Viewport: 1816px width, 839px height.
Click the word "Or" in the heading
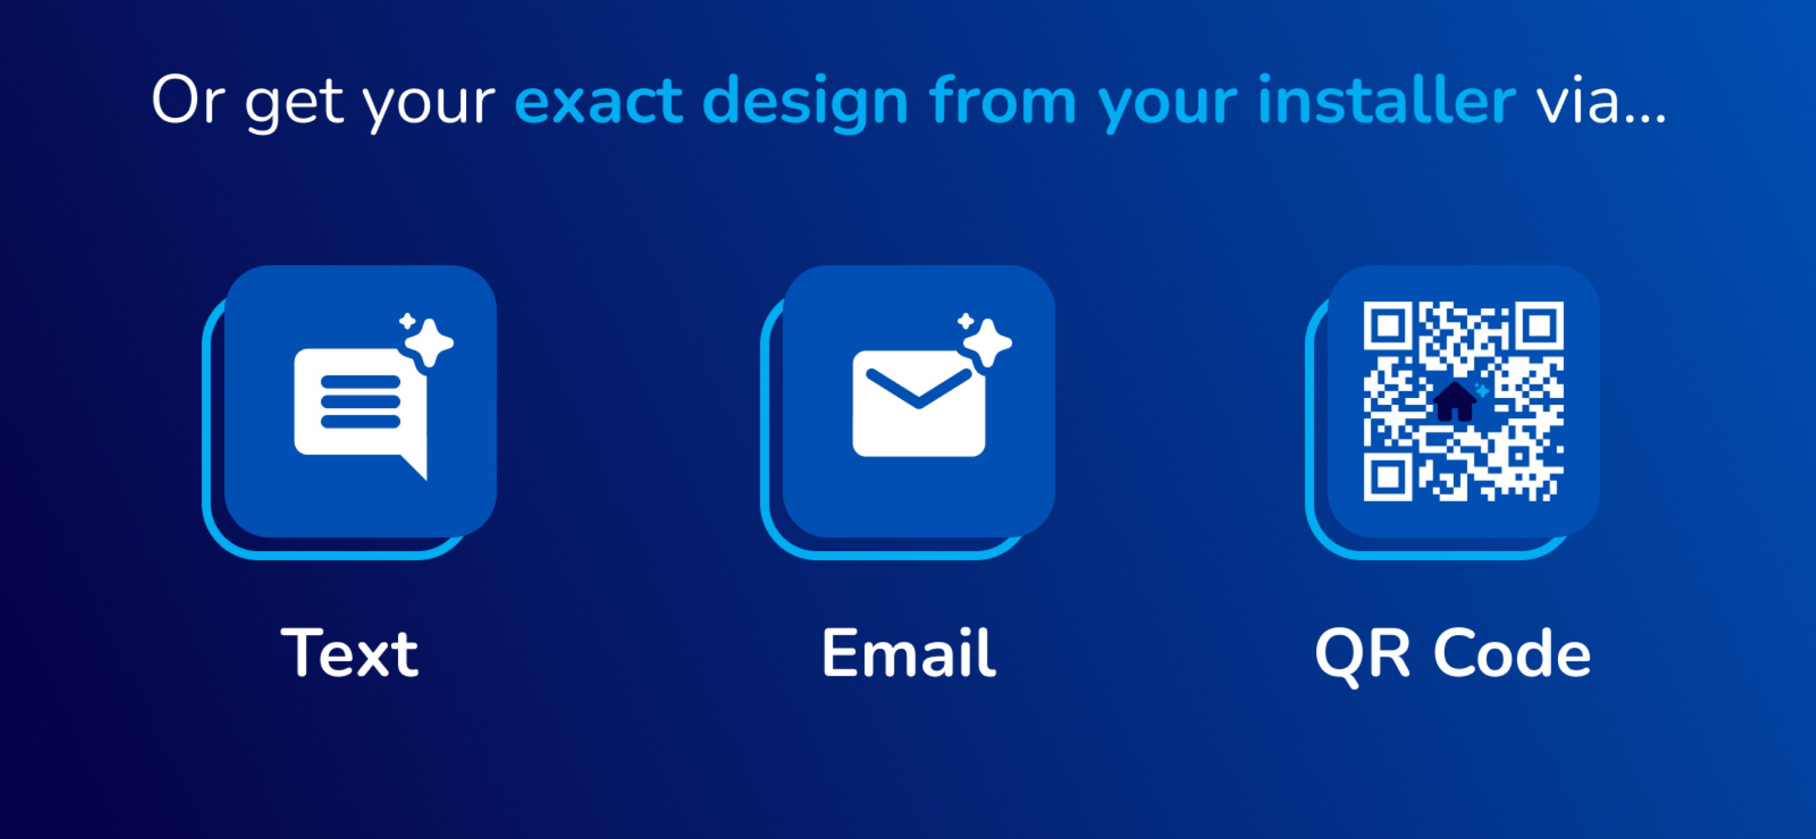188,101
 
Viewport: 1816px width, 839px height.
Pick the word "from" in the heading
1003,99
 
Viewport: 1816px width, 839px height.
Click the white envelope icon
919,403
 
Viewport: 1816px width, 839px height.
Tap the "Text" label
350,654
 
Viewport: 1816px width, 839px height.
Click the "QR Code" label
1453,656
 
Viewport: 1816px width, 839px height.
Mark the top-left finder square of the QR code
1388,326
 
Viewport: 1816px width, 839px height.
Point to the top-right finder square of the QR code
1540,326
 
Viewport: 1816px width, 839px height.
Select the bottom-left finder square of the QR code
1388,478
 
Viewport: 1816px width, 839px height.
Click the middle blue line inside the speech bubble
360,402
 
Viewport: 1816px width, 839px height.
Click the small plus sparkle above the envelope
966,322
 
